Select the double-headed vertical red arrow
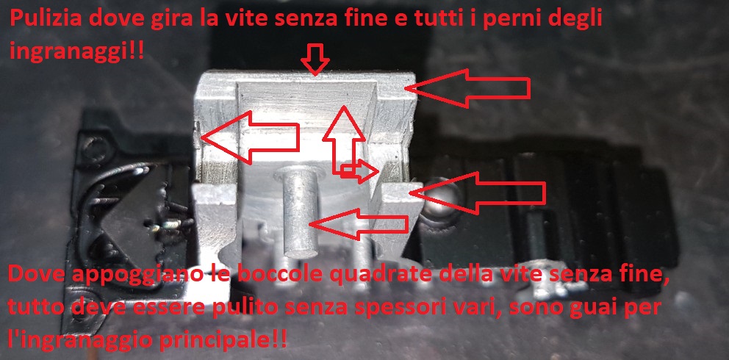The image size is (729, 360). click(344, 140)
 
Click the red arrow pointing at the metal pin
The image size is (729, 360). click(359, 224)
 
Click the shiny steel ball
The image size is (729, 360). click(439, 198)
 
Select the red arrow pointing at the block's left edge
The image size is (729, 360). click(250, 137)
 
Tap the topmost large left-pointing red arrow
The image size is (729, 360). click(467, 88)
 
